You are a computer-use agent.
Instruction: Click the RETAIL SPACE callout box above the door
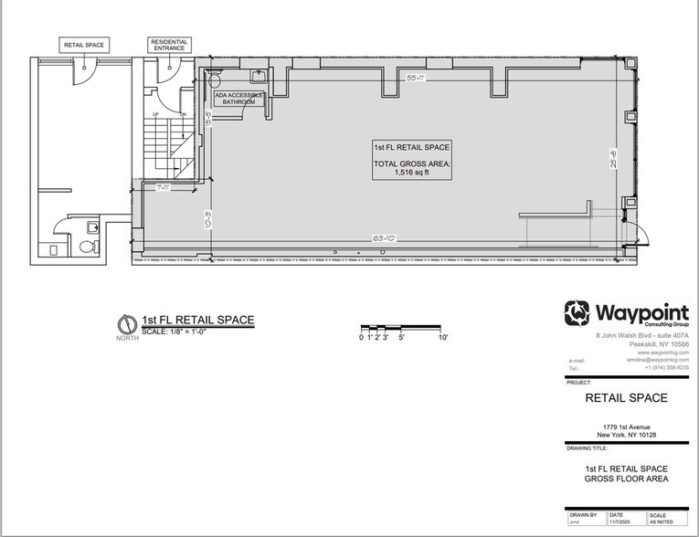pos(84,43)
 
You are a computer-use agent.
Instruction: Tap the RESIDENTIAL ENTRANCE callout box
pos(168,43)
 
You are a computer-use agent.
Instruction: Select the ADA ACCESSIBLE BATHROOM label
pos(238,98)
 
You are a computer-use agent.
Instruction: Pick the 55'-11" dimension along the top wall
pos(417,79)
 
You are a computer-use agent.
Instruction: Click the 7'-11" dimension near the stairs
pos(164,188)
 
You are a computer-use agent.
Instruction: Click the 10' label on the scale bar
pos(442,338)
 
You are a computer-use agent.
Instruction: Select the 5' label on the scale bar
pos(402,338)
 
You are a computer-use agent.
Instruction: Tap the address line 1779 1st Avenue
pos(625,425)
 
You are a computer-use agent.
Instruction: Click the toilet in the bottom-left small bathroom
pos(88,247)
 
